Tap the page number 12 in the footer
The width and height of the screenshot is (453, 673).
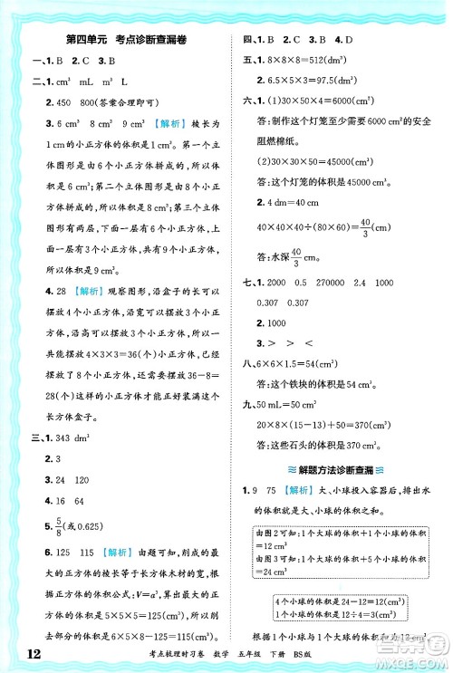[x=24, y=656]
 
